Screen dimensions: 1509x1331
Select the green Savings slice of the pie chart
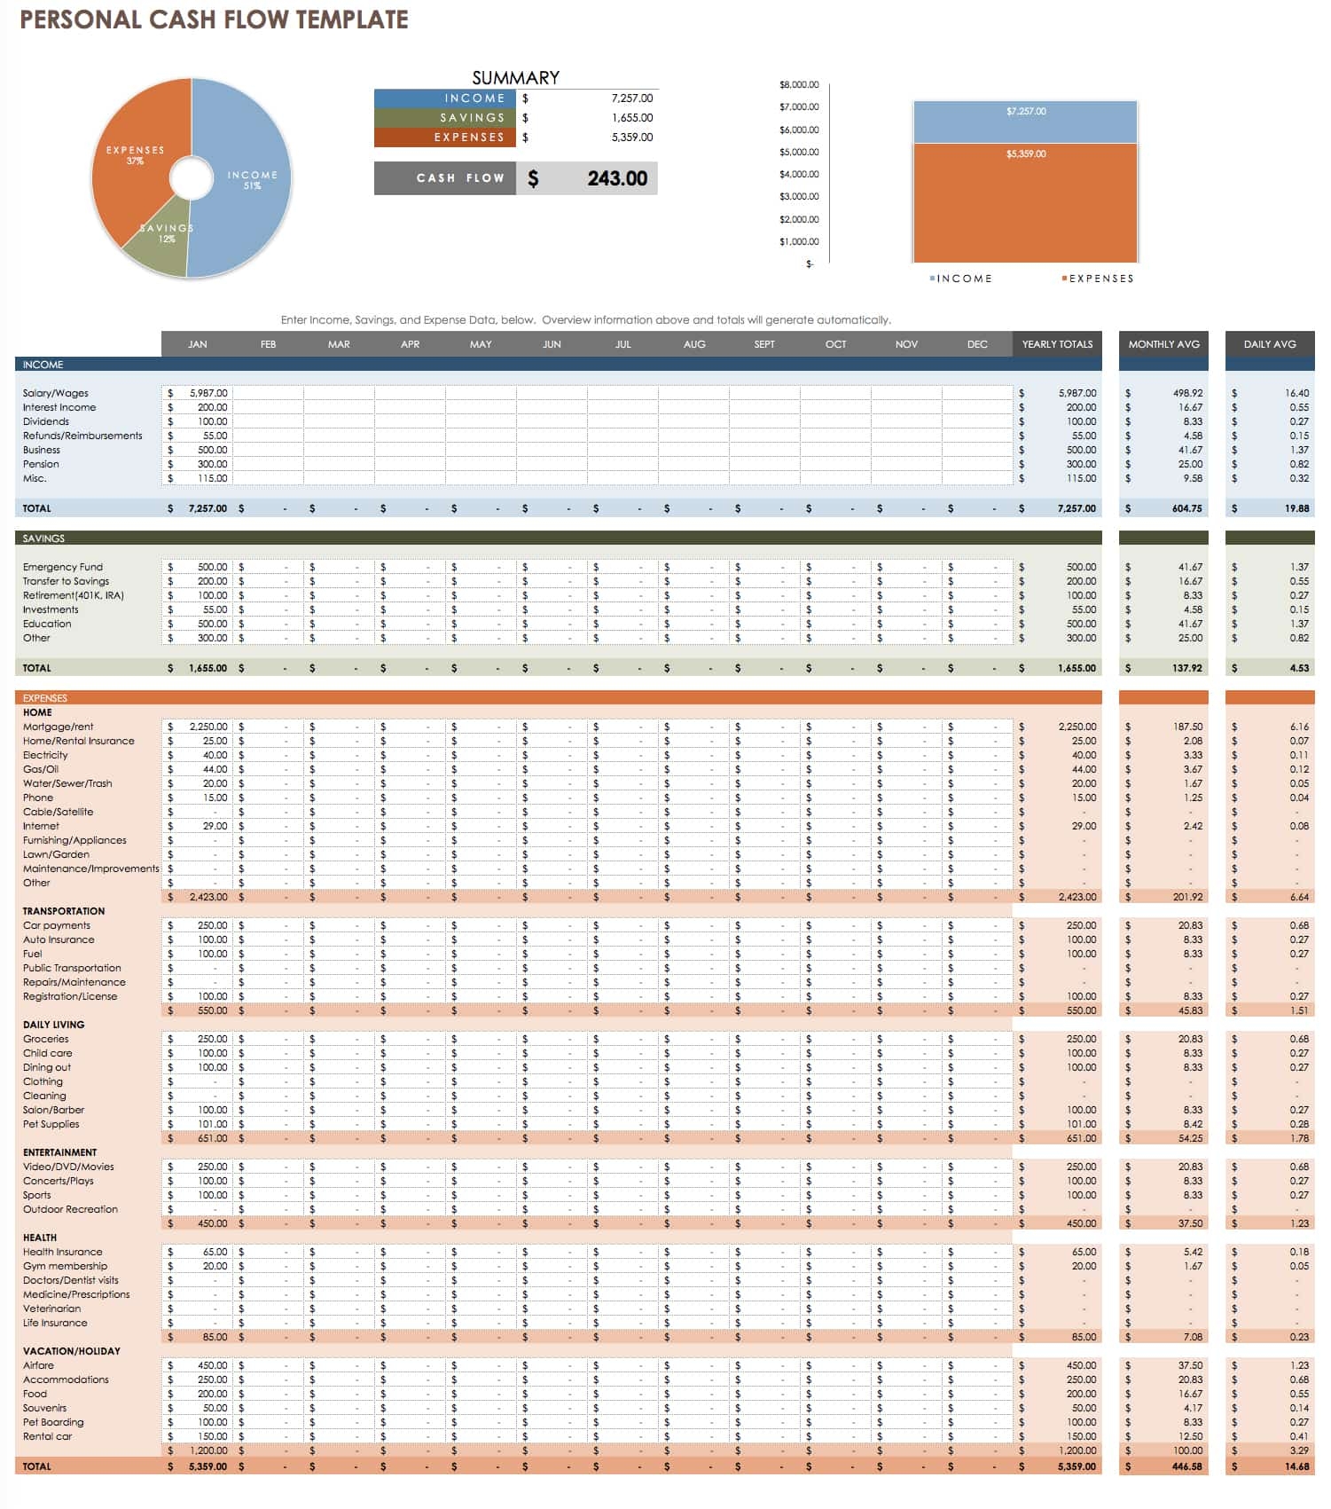pyautogui.click(x=160, y=248)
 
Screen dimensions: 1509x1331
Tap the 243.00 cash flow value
pyautogui.click(x=617, y=178)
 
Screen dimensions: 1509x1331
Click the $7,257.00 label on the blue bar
pyautogui.click(x=1026, y=112)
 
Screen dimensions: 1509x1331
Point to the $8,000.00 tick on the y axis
pyautogui.click(x=799, y=85)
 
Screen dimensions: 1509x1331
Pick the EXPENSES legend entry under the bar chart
pyautogui.click(x=1100, y=279)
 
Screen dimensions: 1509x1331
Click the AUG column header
pyautogui.click(x=694, y=344)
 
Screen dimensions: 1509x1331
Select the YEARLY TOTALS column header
pyautogui.click(x=1057, y=344)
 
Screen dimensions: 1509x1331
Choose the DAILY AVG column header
pyautogui.click(x=1270, y=344)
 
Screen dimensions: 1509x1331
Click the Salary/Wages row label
pyautogui.click(x=56, y=393)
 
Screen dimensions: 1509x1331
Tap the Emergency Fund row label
pyautogui.click(x=63, y=567)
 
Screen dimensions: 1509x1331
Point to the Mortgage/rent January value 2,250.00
pyautogui.click(x=208, y=727)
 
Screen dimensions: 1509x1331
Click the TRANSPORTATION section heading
pyautogui.click(x=64, y=911)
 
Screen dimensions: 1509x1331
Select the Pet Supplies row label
pyautogui.click(x=51, y=1124)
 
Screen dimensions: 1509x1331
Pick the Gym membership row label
pyautogui.click(x=65, y=1266)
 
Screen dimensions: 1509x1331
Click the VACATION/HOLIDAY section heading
pyautogui.click(x=72, y=1351)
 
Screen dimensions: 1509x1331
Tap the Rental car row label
pyautogui.click(x=48, y=1436)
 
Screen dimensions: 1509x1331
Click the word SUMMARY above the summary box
pyautogui.click(x=515, y=77)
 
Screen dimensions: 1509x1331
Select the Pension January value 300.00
pyautogui.click(x=212, y=464)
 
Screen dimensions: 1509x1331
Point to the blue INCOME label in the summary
pyautogui.click(x=474, y=98)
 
